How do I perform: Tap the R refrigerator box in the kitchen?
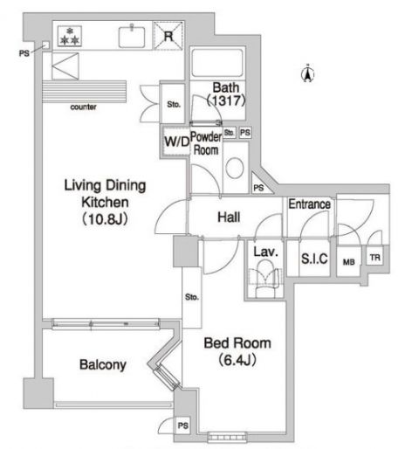(168, 36)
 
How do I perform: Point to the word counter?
(84, 107)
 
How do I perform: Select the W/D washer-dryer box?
(174, 140)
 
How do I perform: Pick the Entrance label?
(310, 204)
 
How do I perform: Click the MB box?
(349, 260)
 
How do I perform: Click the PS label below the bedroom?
(182, 425)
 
